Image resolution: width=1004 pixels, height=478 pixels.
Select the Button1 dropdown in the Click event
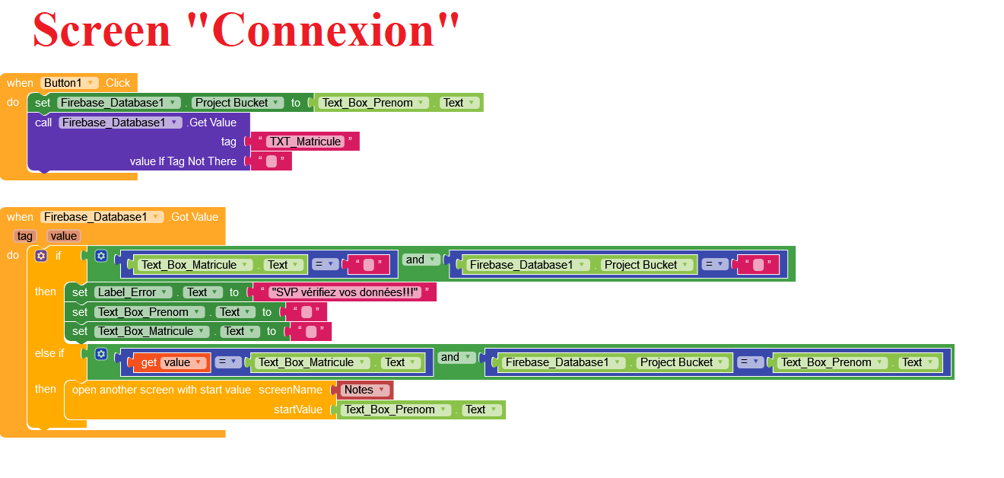69,83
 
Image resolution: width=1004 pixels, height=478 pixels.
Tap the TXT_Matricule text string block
304,142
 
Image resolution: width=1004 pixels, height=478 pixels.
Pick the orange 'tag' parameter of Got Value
25,236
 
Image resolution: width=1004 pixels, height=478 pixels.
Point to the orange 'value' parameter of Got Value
64,236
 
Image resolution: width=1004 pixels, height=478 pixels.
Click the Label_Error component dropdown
132,292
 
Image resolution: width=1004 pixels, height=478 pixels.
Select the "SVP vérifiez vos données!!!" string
345,292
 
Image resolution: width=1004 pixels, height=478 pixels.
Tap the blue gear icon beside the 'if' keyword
41,256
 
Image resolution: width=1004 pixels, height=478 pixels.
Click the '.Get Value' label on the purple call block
211,123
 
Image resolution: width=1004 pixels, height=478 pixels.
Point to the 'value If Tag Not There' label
183,161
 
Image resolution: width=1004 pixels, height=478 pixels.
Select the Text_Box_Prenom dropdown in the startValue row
396,409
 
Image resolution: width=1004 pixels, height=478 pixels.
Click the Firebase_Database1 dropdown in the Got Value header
102,217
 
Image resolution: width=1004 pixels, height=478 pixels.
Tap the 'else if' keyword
49,353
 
